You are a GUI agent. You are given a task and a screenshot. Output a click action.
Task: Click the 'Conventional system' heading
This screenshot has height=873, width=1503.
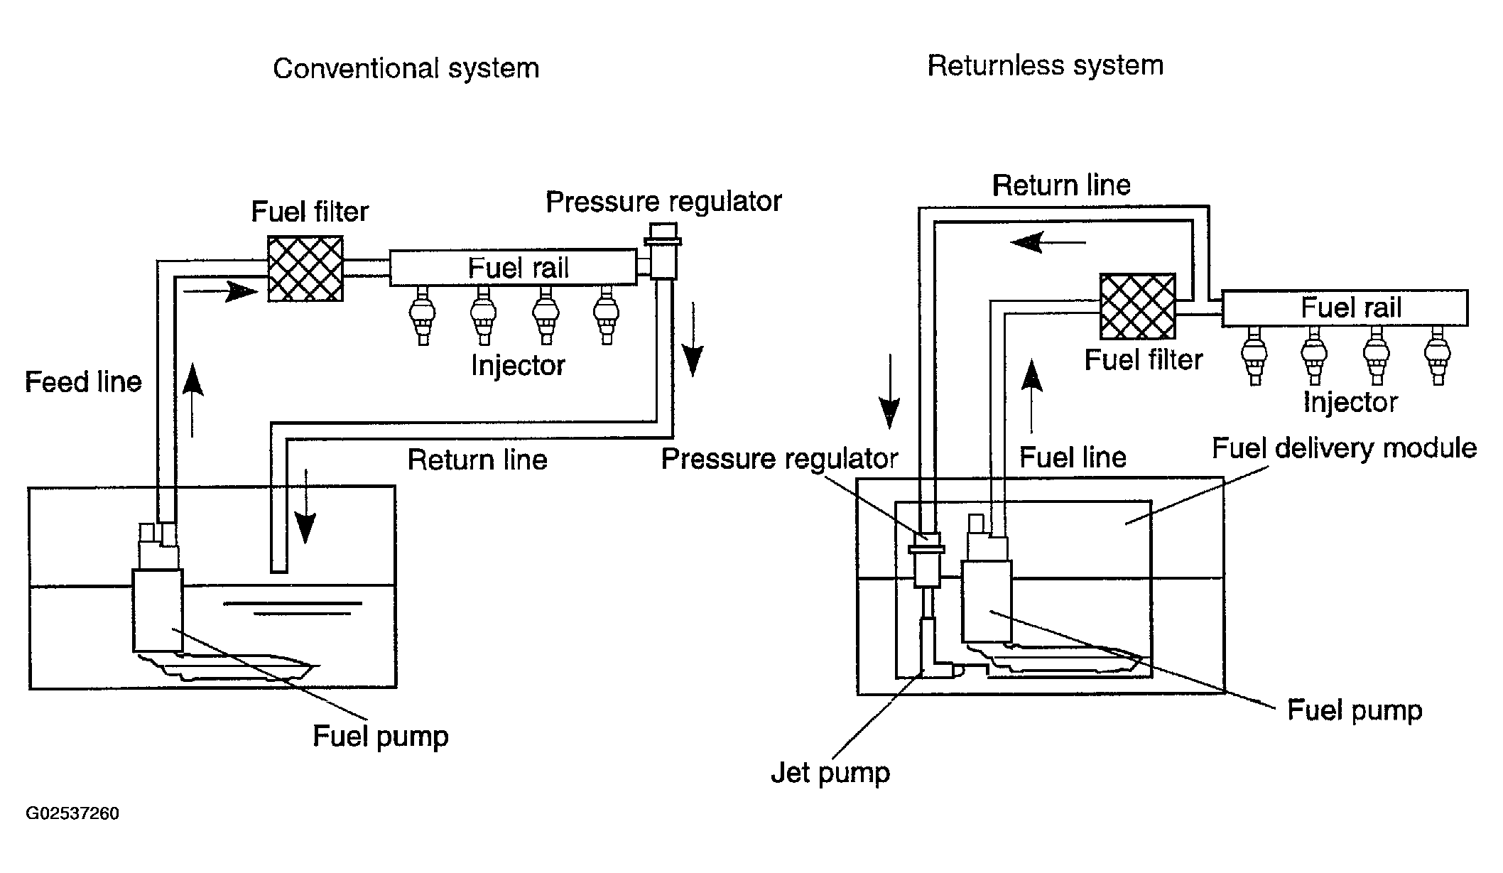406,69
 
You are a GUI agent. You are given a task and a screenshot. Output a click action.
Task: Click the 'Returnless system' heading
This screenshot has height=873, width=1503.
1045,65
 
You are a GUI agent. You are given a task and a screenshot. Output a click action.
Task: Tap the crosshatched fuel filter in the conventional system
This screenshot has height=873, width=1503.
305,269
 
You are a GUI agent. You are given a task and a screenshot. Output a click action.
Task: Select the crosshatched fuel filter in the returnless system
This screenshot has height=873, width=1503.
1137,306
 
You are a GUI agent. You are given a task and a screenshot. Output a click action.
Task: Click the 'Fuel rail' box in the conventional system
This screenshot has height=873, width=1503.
513,267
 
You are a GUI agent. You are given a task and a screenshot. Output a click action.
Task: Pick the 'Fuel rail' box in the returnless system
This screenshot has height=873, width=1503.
1345,308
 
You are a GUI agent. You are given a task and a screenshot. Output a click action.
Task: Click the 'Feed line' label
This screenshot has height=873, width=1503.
83,382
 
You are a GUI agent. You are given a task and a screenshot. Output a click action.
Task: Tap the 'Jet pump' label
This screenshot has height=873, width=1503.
830,772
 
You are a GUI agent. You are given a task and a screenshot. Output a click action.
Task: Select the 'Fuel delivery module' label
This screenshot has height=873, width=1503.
1343,448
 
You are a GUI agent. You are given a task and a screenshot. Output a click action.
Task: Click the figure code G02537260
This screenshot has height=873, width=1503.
72,813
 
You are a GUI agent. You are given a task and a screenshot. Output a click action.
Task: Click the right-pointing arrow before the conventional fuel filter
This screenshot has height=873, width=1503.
220,291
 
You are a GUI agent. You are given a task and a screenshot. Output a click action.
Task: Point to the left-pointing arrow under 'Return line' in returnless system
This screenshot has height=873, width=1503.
1048,243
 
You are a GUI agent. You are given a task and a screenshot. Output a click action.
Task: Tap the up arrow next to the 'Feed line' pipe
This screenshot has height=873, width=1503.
192,399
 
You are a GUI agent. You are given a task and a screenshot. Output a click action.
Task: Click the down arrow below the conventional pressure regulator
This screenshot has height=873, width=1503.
692,340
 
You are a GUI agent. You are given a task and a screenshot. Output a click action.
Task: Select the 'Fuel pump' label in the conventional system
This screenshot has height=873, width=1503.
380,736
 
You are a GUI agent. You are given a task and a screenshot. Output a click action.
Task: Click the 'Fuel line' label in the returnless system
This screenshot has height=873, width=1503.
1073,457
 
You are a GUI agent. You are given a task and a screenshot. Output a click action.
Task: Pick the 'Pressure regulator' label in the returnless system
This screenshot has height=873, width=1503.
779,459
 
